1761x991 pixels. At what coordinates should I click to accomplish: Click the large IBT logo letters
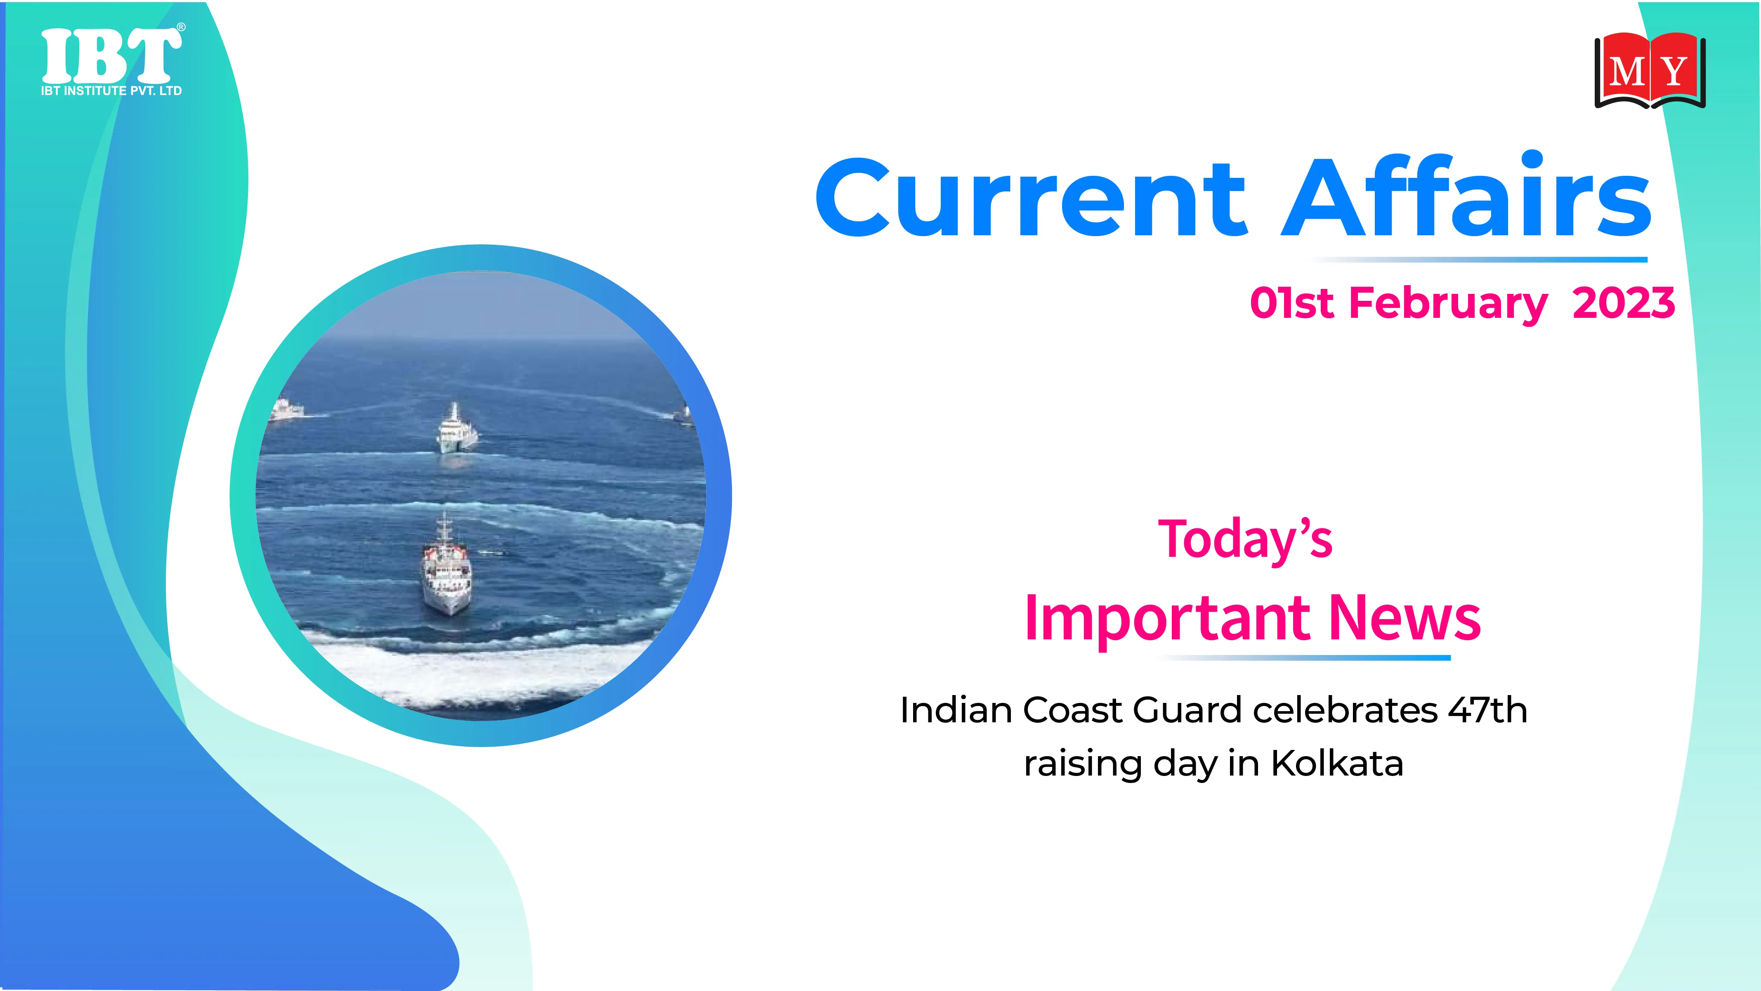click(x=111, y=56)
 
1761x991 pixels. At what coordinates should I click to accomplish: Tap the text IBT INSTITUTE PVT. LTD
click(x=111, y=91)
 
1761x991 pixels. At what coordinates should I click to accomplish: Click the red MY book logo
click(x=1650, y=71)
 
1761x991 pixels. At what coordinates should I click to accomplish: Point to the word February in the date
click(x=1448, y=304)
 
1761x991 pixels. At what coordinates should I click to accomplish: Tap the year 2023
click(x=1624, y=302)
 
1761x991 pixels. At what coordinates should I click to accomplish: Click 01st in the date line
click(x=1291, y=302)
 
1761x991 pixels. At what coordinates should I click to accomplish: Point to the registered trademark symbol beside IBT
click(x=181, y=27)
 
